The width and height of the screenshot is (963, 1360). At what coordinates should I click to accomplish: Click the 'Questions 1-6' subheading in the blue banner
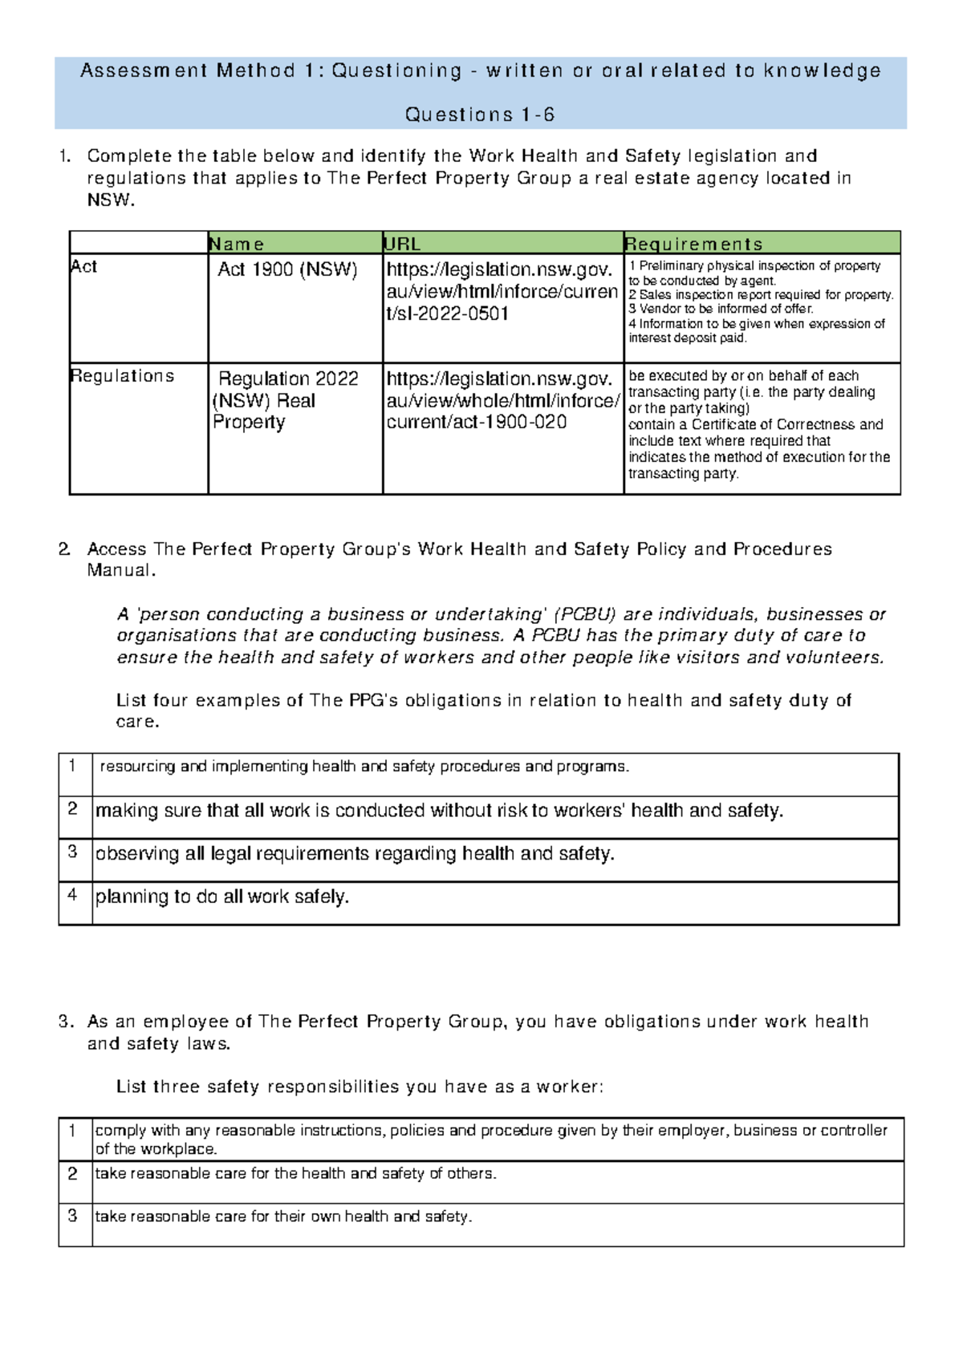click(480, 115)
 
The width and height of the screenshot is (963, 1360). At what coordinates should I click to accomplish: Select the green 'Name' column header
click(236, 244)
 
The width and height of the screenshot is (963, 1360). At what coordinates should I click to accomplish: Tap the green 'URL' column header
click(402, 244)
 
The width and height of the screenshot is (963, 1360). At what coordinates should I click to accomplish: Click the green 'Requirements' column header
click(693, 244)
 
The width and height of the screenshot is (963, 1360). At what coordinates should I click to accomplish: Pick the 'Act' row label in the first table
click(83, 266)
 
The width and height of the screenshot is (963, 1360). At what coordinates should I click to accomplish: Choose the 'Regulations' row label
click(122, 375)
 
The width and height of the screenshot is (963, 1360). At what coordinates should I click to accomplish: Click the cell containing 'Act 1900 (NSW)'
click(287, 269)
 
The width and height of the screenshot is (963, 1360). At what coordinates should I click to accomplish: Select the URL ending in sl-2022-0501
click(502, 291)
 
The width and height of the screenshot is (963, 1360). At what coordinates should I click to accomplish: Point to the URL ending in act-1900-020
click(502, 400)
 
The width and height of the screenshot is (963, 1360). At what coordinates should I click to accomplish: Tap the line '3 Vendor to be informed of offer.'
click(721, 309)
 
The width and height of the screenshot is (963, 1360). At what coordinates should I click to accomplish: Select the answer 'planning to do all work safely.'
click(222, 897)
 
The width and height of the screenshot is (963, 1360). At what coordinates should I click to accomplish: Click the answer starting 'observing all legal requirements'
click(355, 853)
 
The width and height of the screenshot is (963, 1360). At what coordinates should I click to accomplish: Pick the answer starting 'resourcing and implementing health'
click(364, 767)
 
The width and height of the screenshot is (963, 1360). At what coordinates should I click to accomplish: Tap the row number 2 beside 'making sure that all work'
click(73, 808)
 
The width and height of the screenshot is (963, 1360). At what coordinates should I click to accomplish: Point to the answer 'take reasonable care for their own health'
click(283, 1216)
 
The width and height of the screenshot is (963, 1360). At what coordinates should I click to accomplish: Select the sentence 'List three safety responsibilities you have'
click(360, 1087)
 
